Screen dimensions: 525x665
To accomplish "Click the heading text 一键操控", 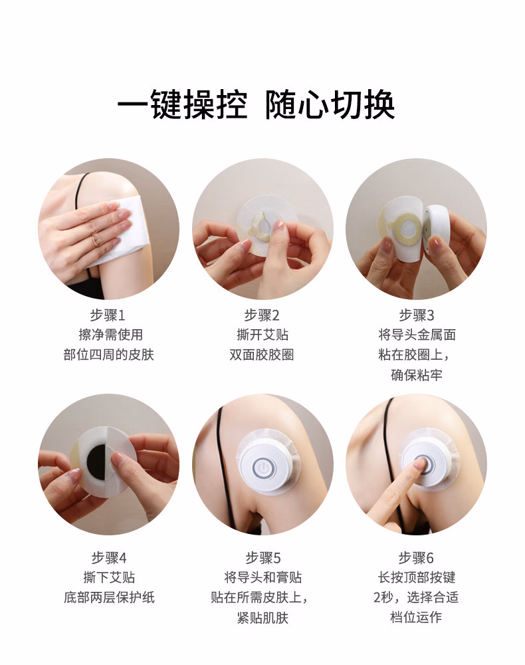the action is [x=182, y=104].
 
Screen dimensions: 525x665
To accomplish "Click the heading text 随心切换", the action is [x=330, y=104].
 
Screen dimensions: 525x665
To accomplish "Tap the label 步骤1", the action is [x=108, y=315].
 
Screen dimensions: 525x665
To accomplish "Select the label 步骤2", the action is [x=262, y=315].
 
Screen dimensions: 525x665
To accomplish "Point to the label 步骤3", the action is [x=417, y=315].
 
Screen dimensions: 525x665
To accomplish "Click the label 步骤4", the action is [x=109, y=558].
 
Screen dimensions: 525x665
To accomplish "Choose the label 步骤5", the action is [x=263, y=558].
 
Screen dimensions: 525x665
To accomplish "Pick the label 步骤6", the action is [x=416, y=558].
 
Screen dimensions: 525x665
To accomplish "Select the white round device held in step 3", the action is [x=437, y=229].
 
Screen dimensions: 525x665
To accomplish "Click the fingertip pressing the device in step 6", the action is [x=421, y=464].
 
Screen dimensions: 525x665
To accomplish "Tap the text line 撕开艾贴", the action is [x=262, y=335].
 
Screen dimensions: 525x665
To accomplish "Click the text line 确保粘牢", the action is [x=417, y=375].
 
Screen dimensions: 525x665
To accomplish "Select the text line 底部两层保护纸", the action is [x=109, y=598].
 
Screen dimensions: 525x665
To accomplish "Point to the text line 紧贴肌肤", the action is [x=262, y=618].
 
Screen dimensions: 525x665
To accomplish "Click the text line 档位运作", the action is [x=416, y=617].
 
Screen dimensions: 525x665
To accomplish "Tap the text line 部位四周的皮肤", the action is [x=108, y=354].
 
